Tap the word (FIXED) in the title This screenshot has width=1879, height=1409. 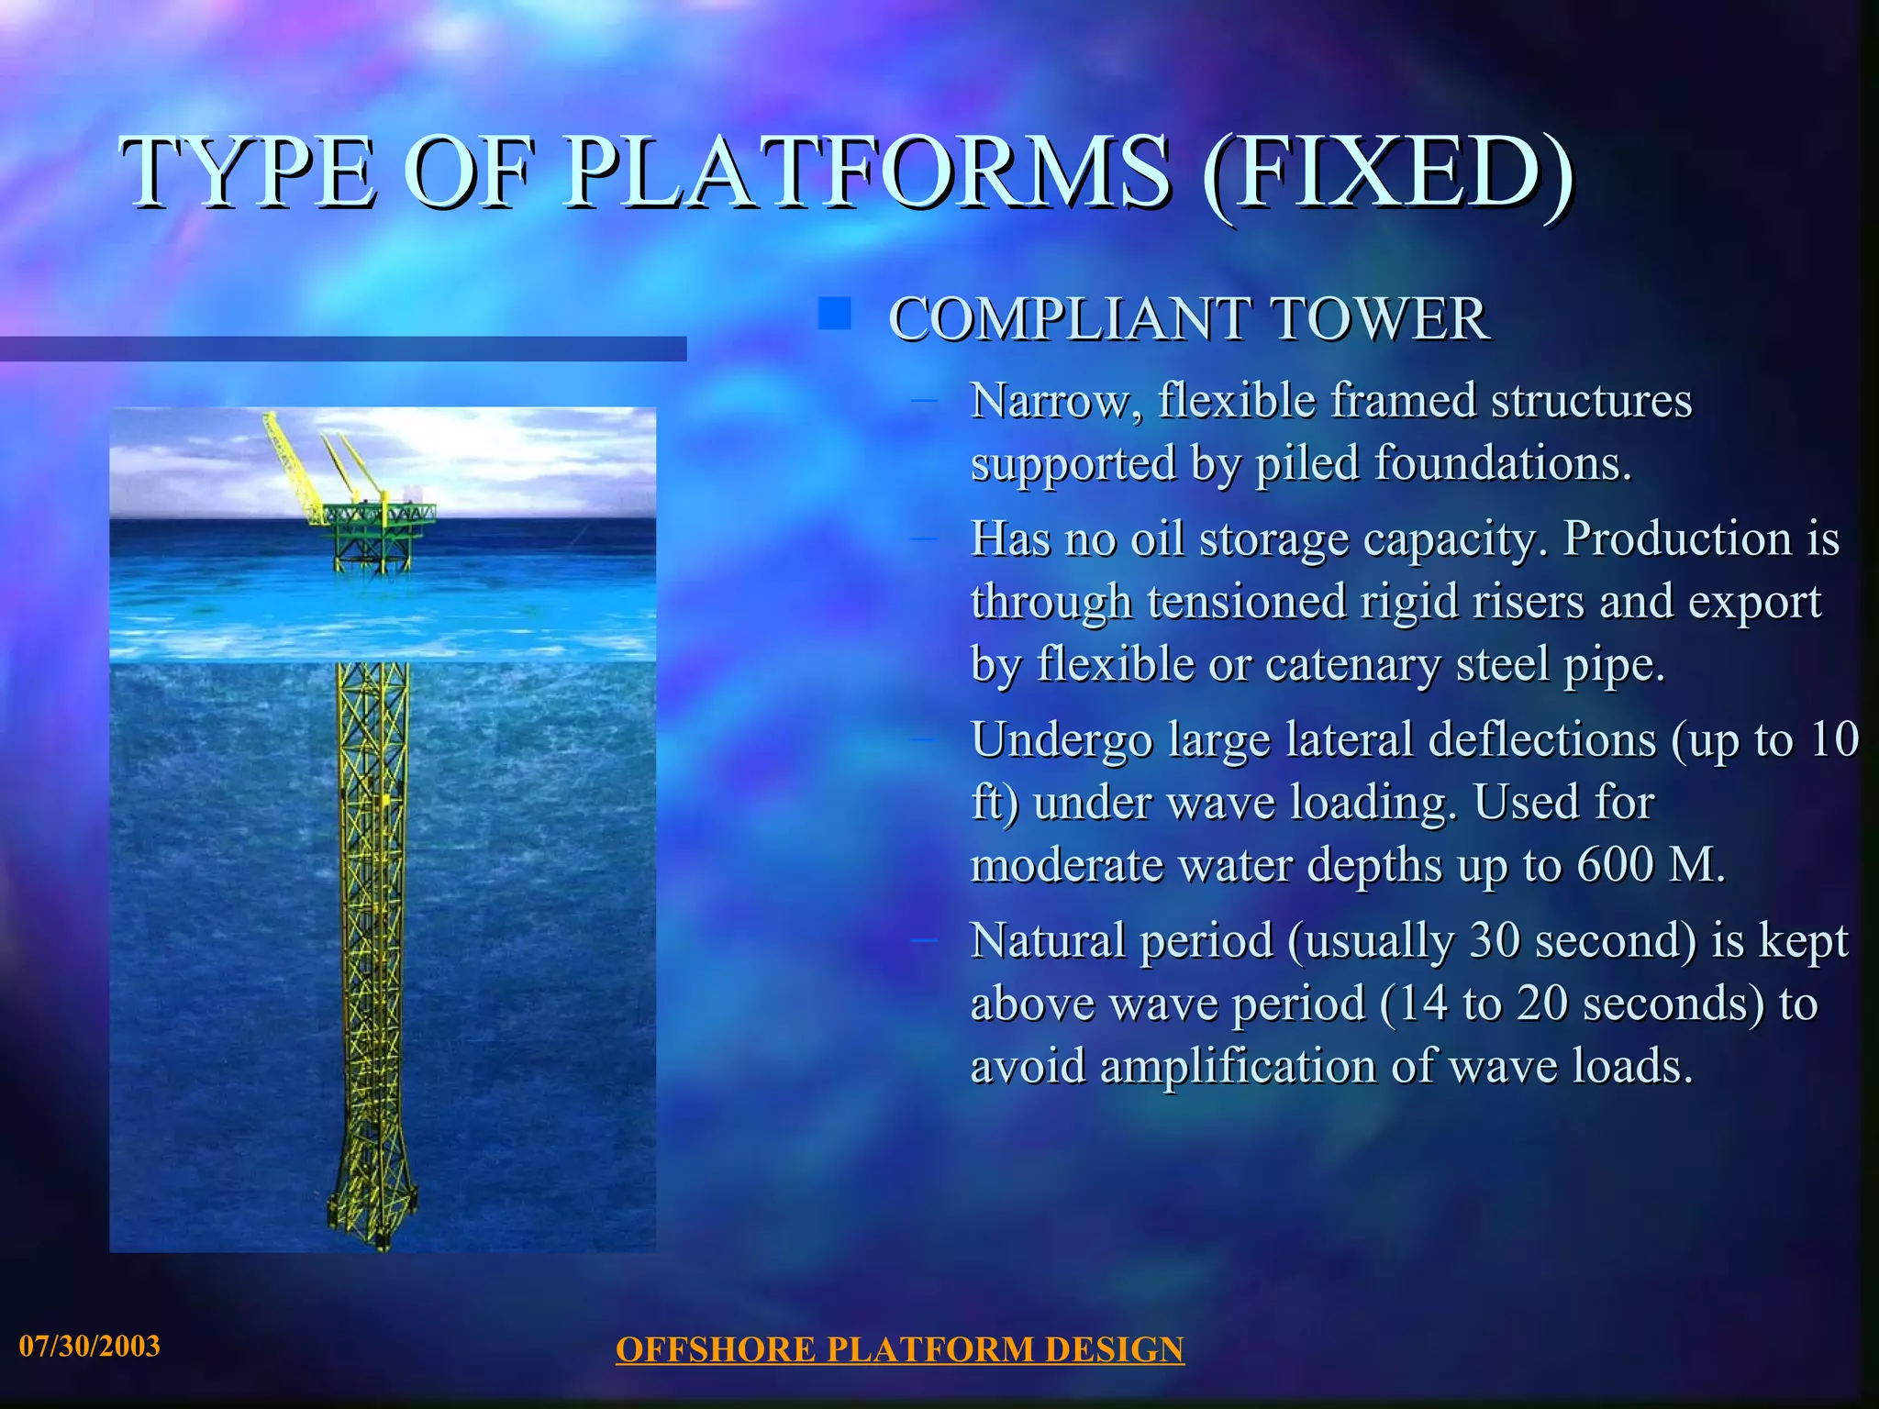[1386, 172]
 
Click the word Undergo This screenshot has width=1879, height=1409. [1062, 740]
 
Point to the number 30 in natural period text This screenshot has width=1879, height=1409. [1495, 940]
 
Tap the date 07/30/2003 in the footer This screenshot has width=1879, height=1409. [90, 1346]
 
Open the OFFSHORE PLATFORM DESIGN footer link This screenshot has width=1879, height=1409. [899, 1349]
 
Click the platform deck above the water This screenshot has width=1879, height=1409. [376, 514]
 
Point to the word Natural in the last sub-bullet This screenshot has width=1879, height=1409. [1042, 940]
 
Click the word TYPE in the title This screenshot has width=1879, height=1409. [249, 172]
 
